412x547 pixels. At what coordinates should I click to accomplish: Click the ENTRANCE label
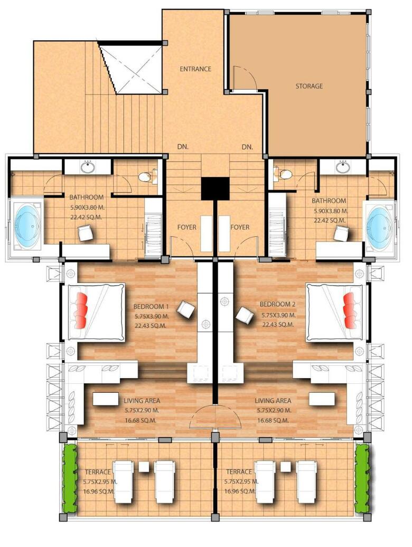pyautogui.click(x=195, y=69)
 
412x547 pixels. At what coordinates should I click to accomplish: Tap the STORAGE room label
pyautogui.click(x=309, y=86)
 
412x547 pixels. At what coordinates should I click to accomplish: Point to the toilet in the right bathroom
pyautogui.click(x=282, y=172)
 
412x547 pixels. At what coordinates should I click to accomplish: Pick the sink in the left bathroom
pyautogui.click(x=88, y=167)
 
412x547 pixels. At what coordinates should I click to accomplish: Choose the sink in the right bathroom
pyautogui.click(x=343, y=167)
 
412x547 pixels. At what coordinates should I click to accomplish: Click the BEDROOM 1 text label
pyautogui.click(x=151, y=307)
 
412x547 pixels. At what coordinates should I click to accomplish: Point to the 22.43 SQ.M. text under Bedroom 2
pyautogui.click(x=278, y=324)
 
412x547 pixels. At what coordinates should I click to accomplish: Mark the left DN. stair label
pyautogui.click(x=183, y=147)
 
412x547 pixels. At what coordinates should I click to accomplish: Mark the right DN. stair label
pyautogui.click(x=247, y=147)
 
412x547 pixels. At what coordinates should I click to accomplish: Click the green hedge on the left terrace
pyautogui.click(x=69, y=477)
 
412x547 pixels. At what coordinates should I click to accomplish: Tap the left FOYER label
pyautogui.click(x=186, y=227)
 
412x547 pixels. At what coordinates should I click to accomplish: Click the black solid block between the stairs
pyautogui.click(x=215, y=188)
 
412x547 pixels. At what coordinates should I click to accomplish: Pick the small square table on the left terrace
pyautogui.click(x=144, y=466)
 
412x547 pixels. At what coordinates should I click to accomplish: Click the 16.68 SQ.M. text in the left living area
pyautogui.click(x=141, y=420)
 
